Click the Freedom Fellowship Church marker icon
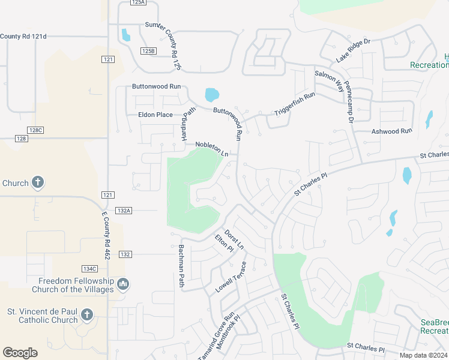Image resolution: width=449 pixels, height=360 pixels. (123, 283)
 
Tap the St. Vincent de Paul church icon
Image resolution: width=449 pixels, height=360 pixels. (87, 314)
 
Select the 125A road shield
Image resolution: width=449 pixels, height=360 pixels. (137, 2)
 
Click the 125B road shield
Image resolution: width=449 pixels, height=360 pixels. (148, 51)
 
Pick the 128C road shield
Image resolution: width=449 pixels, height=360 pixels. (35, 130)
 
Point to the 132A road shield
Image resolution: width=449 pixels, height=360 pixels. (124, 211)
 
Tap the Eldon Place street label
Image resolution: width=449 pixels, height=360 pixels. (155, 115)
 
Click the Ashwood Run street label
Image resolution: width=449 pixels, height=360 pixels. (392, 131)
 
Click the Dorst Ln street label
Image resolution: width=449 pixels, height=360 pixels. (234, 238)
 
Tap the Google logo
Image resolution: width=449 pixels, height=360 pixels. (20, 352)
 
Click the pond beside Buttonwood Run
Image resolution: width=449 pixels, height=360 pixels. (211, 95)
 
